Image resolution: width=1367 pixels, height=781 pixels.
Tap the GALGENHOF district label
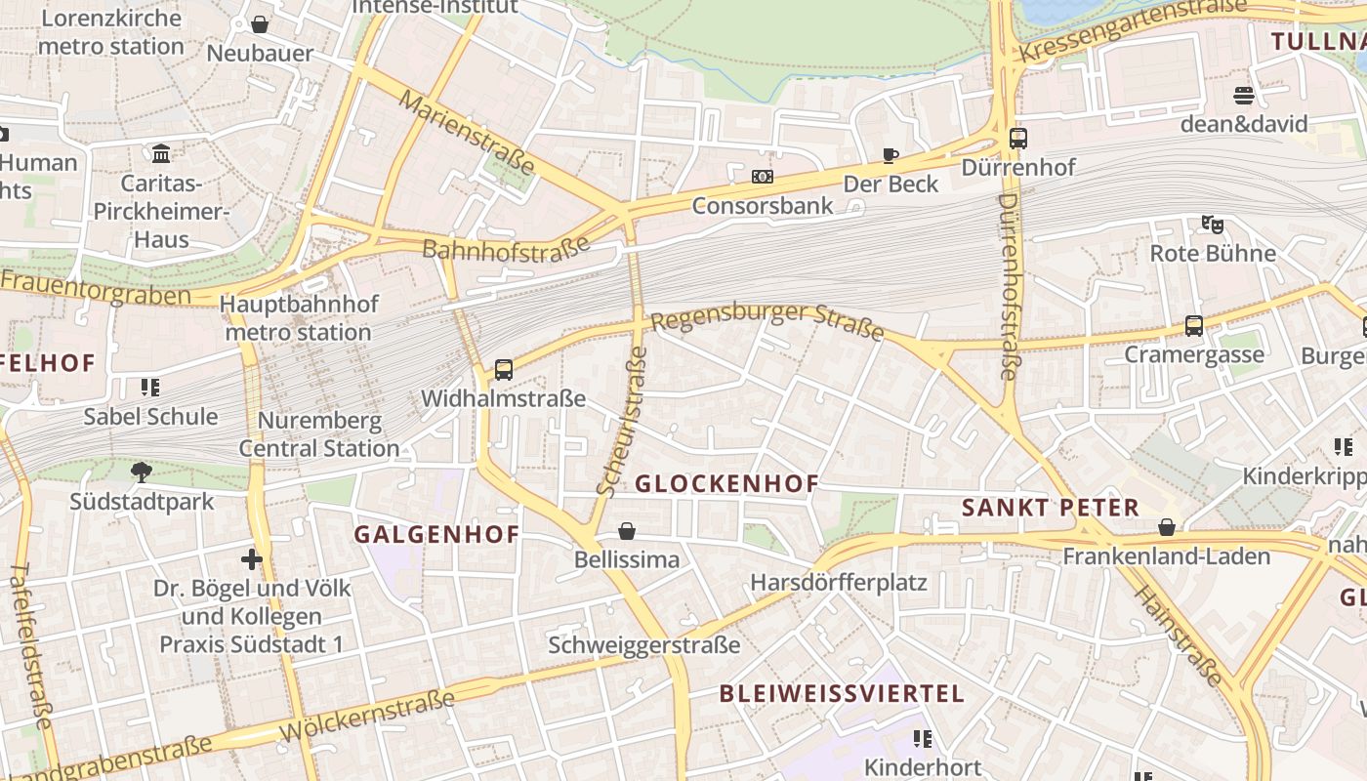[x=436, y=535]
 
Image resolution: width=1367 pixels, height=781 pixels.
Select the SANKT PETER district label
[x=1051, y=508]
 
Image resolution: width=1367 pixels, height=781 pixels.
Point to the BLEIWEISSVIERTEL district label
[x=842, y=694]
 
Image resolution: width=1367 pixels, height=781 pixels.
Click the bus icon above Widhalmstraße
[x=504, y=370]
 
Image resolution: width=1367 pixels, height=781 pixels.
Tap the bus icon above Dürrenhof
[x=1018, y=139]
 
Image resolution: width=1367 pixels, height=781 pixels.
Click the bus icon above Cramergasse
[x=1193, y=326]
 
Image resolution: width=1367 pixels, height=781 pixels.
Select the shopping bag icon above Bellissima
[x=627, y=531]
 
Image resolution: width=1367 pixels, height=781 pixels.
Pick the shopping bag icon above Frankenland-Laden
[x=1167, y=528]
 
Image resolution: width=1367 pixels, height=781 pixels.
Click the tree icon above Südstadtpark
[x=142, y=473]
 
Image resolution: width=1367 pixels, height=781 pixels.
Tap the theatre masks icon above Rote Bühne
[x=1213, y=225]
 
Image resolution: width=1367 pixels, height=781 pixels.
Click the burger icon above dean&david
[x=1243, y=96]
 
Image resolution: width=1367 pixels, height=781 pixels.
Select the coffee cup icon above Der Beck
[x=891, y=155]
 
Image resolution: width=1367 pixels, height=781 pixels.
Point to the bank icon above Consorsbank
[x=763, y=177]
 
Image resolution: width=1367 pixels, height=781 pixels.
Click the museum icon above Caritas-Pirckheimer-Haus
[x=161, y=154]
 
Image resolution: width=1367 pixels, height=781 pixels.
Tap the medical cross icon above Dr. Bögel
[x=252, y=559]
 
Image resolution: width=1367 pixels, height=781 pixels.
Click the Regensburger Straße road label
[x=767, y=321]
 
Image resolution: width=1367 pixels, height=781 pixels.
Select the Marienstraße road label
[x=467, y=134]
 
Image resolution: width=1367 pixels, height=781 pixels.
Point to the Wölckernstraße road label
[x=367, y=716]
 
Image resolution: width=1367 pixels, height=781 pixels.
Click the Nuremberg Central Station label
[x=319, y=435]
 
